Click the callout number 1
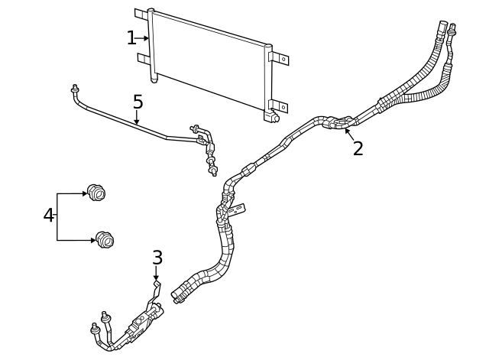tap(131, 37)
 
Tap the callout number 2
tap(358, 148)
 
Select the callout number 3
tap(157, 258)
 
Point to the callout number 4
tap(49, 216)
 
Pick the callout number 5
tap(138, 102)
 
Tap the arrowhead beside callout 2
tap(348, 131)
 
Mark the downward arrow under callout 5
tap(138, 119)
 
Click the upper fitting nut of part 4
tap(95, 193)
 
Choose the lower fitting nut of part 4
tap(105, 240)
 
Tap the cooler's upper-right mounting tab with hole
tap(280, 59)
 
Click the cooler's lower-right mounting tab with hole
tap(280, 106)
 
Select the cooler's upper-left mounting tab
tap(141, 14)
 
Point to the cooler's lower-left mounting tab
tap(143, 58)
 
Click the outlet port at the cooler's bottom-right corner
tap(272, 118)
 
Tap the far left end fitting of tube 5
tap(75, 89)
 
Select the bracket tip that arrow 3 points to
tap(157, 284)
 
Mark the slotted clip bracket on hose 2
tap(240, 207)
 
